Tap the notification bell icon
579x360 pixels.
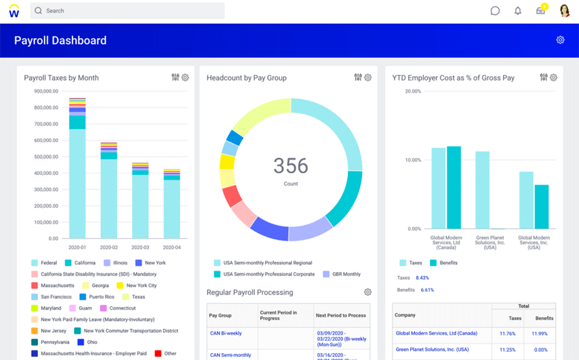[517, 11]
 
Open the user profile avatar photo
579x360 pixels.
[565, 11]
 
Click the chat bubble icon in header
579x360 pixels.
[495, 11]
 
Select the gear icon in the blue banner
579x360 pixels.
[560, 40]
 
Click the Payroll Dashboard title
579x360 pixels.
[60, 40]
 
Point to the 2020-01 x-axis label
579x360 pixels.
[77, 247]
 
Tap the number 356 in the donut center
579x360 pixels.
[291, 166]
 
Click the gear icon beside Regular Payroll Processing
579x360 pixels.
[367, 292]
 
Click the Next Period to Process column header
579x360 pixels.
[341, 315]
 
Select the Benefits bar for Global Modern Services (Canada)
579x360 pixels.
[454, 187]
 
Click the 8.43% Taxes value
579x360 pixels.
[422, 278]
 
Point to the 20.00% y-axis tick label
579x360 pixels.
[413, 92]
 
